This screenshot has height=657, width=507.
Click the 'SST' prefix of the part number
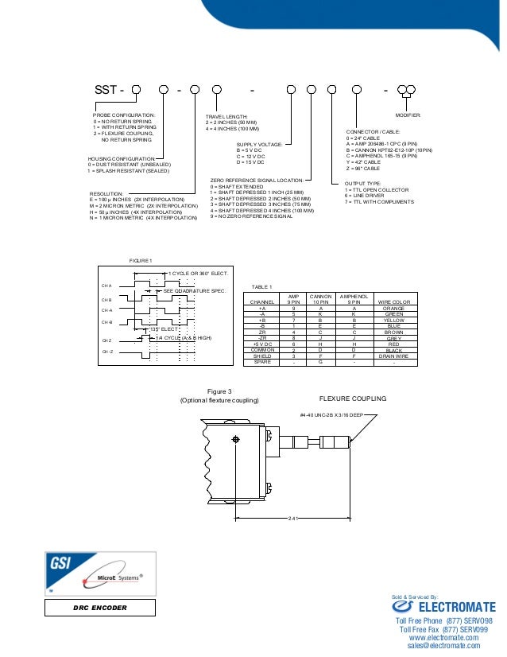tap(105, 89)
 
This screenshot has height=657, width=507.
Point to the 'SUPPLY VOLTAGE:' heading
tap(260, 144)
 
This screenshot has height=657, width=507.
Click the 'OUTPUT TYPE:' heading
tap(363, 182)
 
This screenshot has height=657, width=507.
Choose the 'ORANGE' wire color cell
tap(393, 308)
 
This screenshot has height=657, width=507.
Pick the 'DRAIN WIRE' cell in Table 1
tap(393, 356)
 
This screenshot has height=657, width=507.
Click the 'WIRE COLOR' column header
tap(393, 302)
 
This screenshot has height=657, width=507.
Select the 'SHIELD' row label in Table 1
tap(262, 356)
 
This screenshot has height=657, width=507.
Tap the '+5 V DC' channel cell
tap(262, 344)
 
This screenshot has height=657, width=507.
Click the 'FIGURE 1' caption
tap(140, 260)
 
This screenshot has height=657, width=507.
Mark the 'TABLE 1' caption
tap(261, 286)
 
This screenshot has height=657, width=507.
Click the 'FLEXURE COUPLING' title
tap(352, 398)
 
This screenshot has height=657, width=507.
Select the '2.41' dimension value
tap(292, 519)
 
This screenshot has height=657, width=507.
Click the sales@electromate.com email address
tap(444, 647)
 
